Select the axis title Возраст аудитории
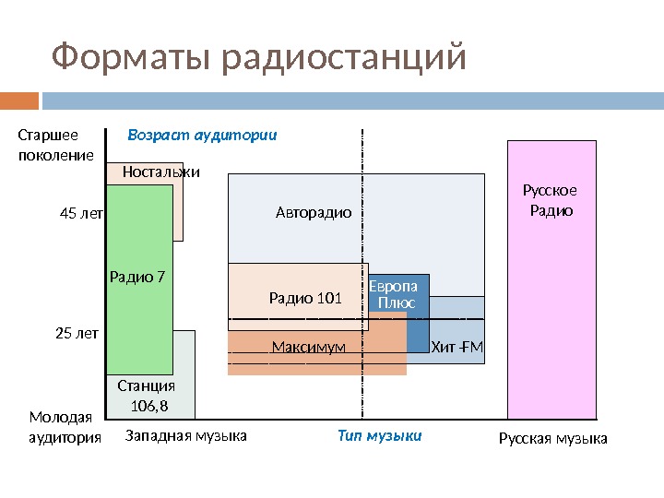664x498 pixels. [202, 135]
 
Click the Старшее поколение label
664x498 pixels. [55, 145]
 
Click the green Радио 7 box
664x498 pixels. [139, 277]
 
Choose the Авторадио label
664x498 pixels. [314, 213]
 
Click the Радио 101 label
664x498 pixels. [305, 298]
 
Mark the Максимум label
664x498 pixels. [309, 348]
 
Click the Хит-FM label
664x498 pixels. [457, 348]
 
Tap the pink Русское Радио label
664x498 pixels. [550, 200]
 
